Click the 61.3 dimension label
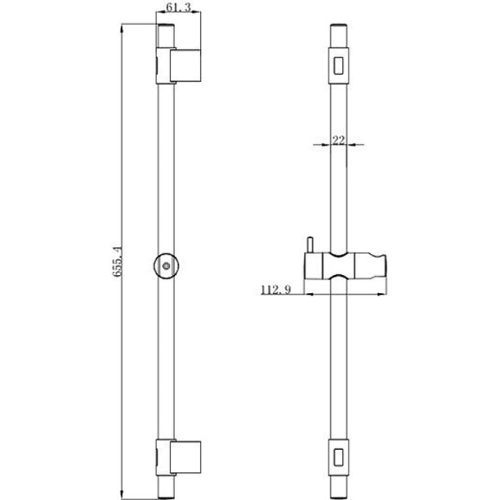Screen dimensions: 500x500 coord(178,7)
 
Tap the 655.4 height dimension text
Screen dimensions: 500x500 coord(117,261)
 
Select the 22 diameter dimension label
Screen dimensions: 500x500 coord(339,140)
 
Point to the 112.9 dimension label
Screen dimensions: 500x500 coord(276,290)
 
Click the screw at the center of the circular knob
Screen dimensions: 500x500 coord(166,266)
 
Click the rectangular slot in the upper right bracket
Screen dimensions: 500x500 coord(339,66)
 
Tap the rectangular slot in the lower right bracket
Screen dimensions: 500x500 coord(339,457)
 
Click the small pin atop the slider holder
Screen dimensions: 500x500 coord(309,245)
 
